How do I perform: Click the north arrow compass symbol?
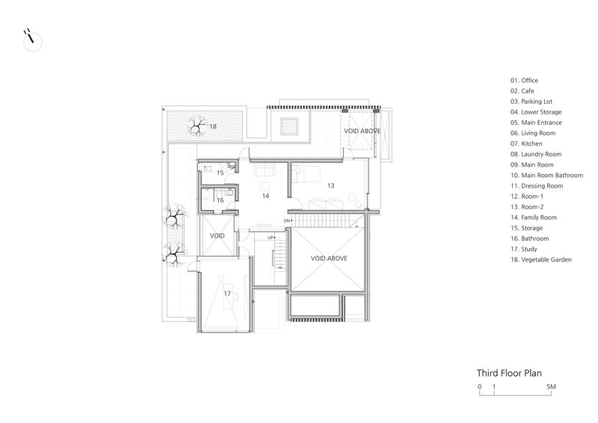[x=32, y=40]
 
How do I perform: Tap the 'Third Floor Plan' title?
[x=509, y=373]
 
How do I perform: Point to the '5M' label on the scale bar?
[x=551, y=386]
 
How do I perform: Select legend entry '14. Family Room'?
[x=534, y=217]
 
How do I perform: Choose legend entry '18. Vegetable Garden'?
[x=540, y=260]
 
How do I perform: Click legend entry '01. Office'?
[x=525, y=81]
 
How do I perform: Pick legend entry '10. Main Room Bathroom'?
[x=547, y=176]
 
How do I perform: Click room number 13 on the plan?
[x=330, y=186]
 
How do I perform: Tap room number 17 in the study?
[x=227, y=293]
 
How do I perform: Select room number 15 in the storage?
[x=220, y=173]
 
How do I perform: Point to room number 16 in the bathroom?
[x=220, y=200]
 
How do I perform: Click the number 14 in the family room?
[x=265, y=196]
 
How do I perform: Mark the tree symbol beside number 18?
[x=197, y=126]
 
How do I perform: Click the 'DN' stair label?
[x=287, y=221]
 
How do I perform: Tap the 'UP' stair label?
[x=271, y=238]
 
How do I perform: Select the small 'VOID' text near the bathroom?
[x=218, y=235]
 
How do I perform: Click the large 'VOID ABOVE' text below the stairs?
[x=329, y=259]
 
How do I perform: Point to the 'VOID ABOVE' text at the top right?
[x=362, y=131]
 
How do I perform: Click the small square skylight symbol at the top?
[x=289, y=126]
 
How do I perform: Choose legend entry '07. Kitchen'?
[x=526, y=143]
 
